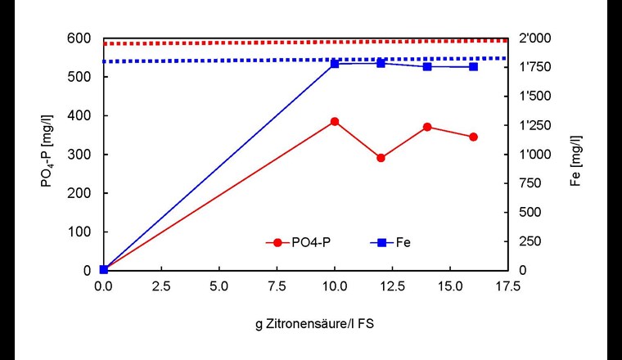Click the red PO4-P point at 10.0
(334, 121)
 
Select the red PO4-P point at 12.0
(381, 158)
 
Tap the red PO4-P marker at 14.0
(427, 127)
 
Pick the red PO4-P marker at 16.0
(473, 137)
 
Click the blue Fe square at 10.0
(334, 63)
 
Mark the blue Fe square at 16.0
(473, 66)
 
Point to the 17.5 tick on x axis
(507, 287)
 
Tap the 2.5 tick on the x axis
(160, 287)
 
